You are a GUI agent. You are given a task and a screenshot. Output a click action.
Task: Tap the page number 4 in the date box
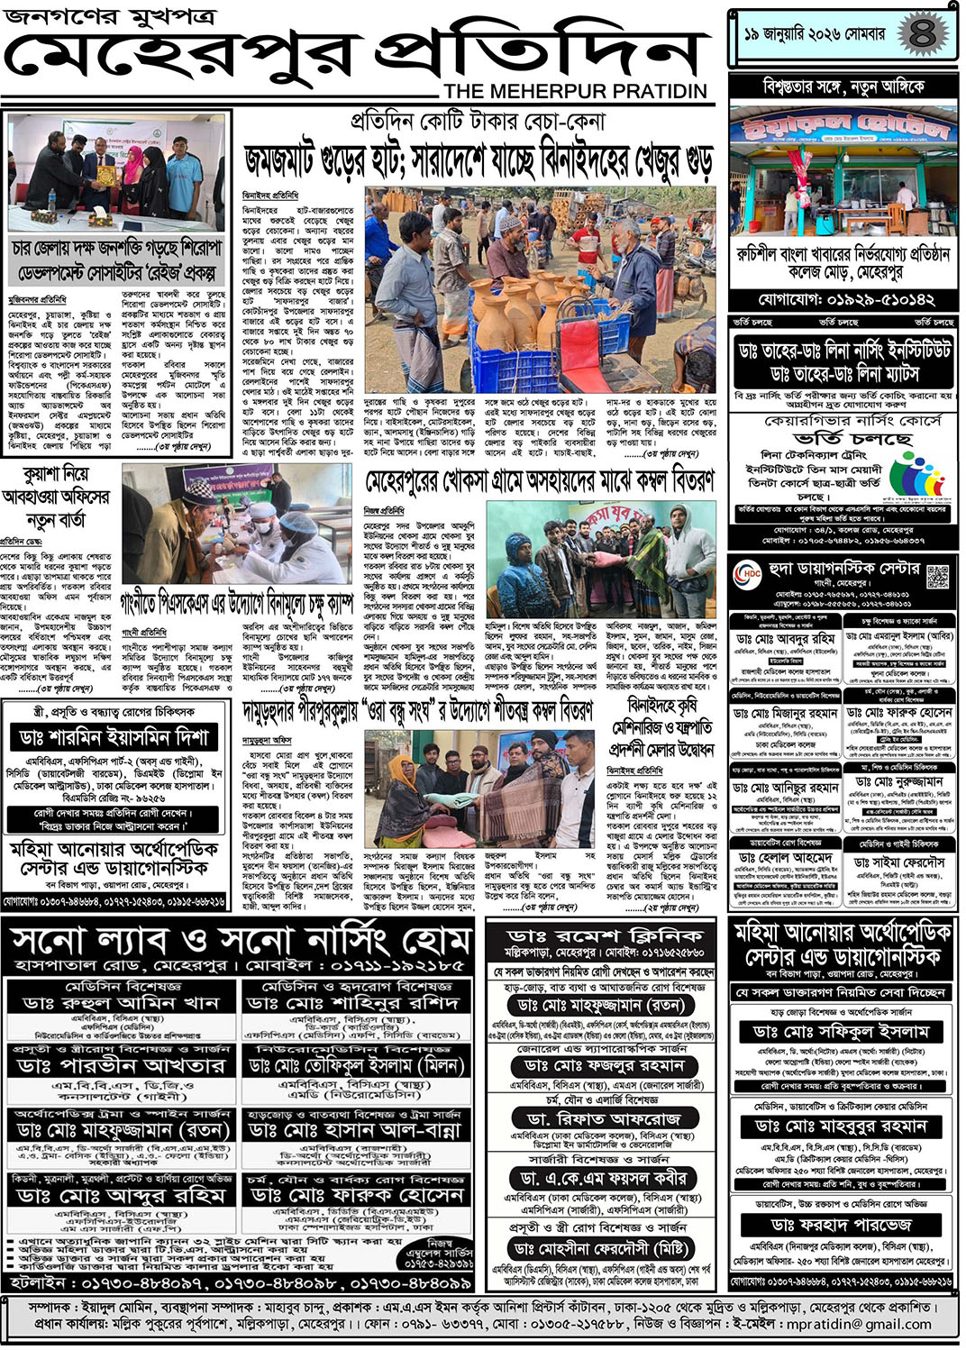922,35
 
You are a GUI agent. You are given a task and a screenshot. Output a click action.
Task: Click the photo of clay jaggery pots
540,288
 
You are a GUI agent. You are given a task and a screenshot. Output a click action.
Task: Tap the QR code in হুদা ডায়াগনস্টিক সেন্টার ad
938,576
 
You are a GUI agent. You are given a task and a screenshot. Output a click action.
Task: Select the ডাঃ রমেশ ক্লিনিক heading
605,936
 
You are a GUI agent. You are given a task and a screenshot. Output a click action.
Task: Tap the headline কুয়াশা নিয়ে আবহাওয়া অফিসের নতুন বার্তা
56,497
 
